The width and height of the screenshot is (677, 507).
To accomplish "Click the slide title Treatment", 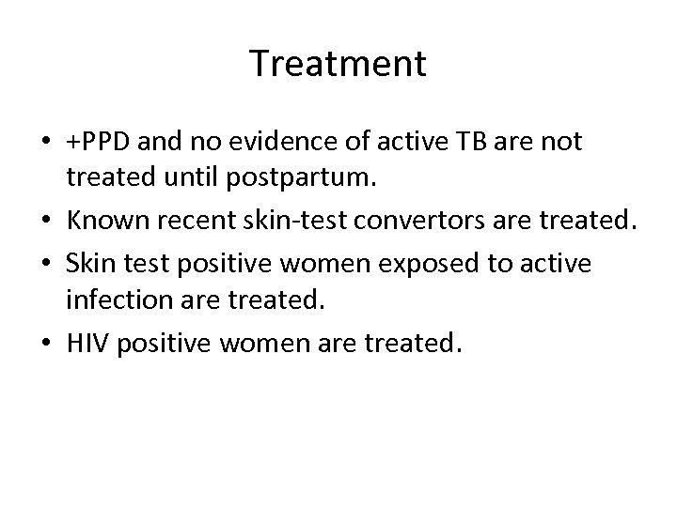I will pyautogui.click(x=338, y=64).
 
